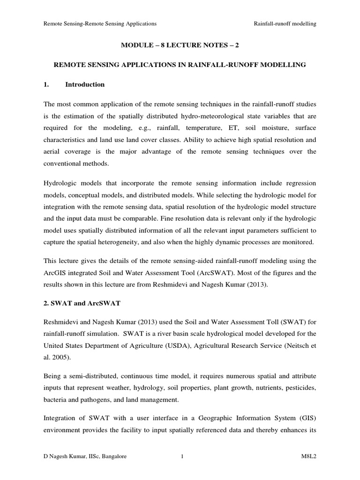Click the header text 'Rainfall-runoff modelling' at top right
(x=285, y=23)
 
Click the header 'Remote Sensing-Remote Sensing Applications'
(x=100, y=23)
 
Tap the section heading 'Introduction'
(x=85, y=85)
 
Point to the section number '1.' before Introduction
(x=46, y=85)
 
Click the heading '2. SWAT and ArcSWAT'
(x=82, y=303)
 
